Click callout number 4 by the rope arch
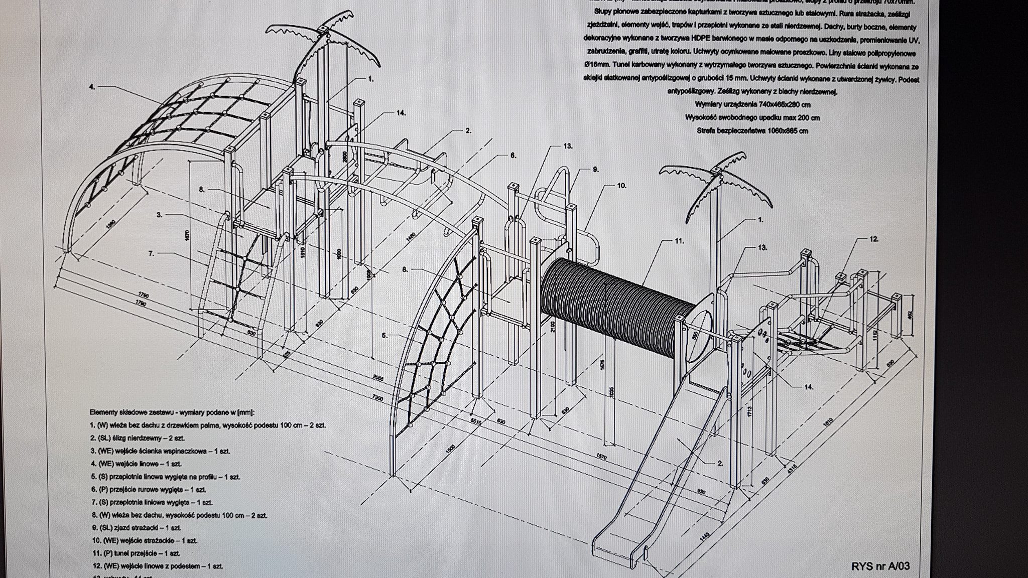[92, 87]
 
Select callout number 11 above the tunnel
[679, 241]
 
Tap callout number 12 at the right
[874, 239]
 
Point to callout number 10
[621, 185]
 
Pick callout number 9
[596, 170]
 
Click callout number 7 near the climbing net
[151, 253]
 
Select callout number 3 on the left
[160, 215]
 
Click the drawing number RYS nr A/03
[880, 566]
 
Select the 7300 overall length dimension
[377, 398]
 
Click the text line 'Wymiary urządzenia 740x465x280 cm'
[752, 105]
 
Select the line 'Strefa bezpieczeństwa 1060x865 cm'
[752, 131]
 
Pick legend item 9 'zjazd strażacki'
[136, 528]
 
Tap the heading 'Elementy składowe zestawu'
[172, 412]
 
